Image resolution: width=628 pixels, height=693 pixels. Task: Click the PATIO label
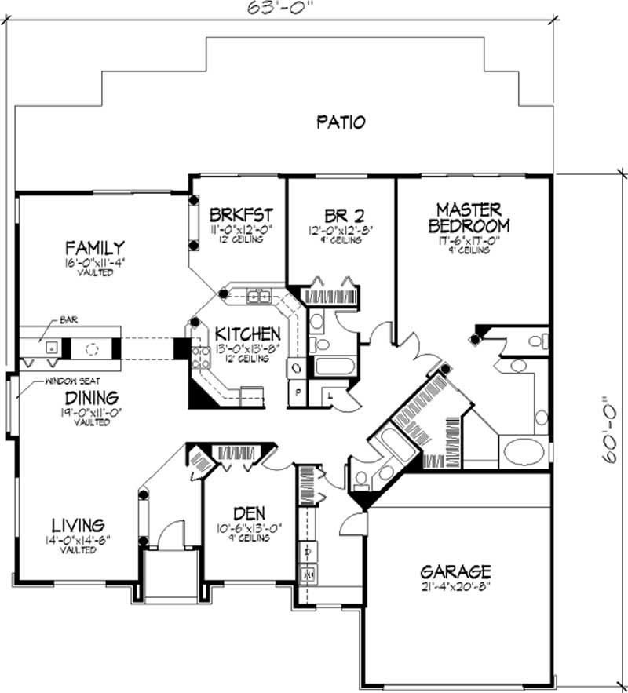(x=341, y=122)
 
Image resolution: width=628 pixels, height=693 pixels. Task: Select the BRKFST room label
(x=241, y=213)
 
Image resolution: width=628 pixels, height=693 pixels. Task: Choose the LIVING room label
(x=78, y=524)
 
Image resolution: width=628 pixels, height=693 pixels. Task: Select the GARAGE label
(x=455, y=571)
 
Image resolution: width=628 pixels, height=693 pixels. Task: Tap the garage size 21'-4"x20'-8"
(x=455, y=585)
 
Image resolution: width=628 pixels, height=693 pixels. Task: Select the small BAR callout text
(x=68, y=321)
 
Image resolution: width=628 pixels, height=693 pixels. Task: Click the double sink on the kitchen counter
(x=258, y=296)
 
